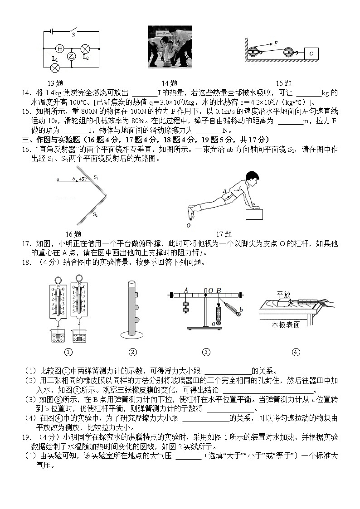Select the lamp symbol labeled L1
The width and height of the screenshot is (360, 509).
click(x=55, y=68)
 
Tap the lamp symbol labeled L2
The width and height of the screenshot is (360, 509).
click(x=85, y=48)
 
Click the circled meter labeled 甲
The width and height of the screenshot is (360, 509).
click(x=60, y=48)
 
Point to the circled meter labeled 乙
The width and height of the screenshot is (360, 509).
click(x=71, y=56)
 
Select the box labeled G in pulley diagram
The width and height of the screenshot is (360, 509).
click(x=311, y=53)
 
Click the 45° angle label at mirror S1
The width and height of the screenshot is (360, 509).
click(x=83, y=179)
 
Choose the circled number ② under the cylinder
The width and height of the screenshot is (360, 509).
click(x=132, y=352)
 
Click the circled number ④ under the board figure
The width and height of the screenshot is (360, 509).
click(x=296, y=352)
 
